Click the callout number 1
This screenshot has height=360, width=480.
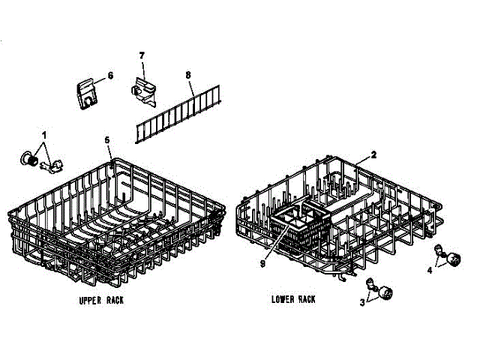tap(43, 135)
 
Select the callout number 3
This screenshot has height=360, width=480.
tap(363, 302)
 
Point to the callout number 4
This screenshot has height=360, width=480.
tap(430, 268)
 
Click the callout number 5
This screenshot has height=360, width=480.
tap(107, 140)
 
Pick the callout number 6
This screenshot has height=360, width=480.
tap(110, 76)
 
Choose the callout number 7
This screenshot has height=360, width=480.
tap(140, 56)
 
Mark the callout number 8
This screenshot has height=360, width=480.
tap(189, 75)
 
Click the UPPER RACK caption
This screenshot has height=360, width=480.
tap(102, 300)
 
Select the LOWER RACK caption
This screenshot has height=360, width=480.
tap(293, 299)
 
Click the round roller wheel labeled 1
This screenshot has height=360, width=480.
tap(30, 158)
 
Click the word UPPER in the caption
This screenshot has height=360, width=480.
tap(90, 300)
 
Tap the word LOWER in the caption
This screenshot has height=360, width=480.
tap(283, 299)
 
